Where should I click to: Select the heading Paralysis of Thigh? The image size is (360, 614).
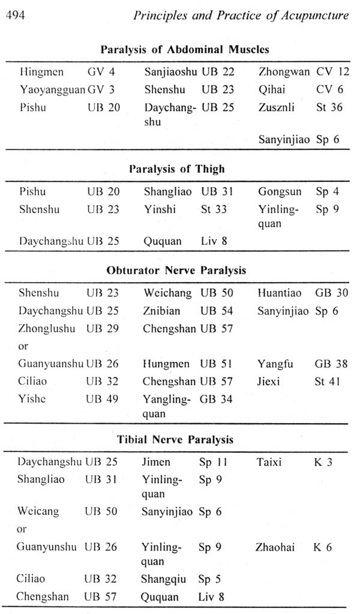click(177, 169)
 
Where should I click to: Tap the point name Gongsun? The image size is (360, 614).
click(278, 192)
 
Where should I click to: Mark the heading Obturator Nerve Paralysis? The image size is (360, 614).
click(176, 270)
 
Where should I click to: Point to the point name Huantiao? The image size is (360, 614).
click(279, 293)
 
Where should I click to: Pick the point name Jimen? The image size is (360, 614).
click(156, 462)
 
